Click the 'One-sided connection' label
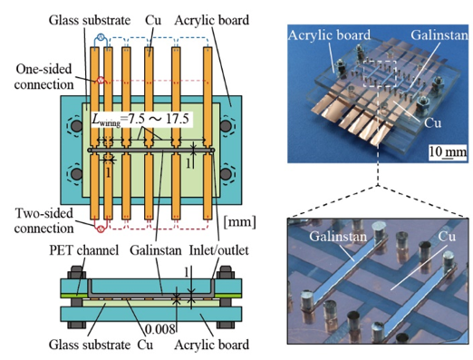44,77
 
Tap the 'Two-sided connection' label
44,220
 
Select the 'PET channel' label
84,250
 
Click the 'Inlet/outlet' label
219,250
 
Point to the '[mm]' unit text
239,222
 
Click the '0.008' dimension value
160,329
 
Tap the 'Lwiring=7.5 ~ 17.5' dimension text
140,119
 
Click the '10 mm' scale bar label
448,151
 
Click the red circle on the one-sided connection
100,81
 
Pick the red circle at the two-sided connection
101,229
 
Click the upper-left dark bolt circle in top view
77,126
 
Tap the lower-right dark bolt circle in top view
226,174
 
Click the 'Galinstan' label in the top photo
439,35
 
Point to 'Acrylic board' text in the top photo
329,35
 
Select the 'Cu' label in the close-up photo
447,237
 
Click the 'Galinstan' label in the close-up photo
338,237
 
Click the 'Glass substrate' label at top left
90,21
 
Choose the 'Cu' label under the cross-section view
145,345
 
